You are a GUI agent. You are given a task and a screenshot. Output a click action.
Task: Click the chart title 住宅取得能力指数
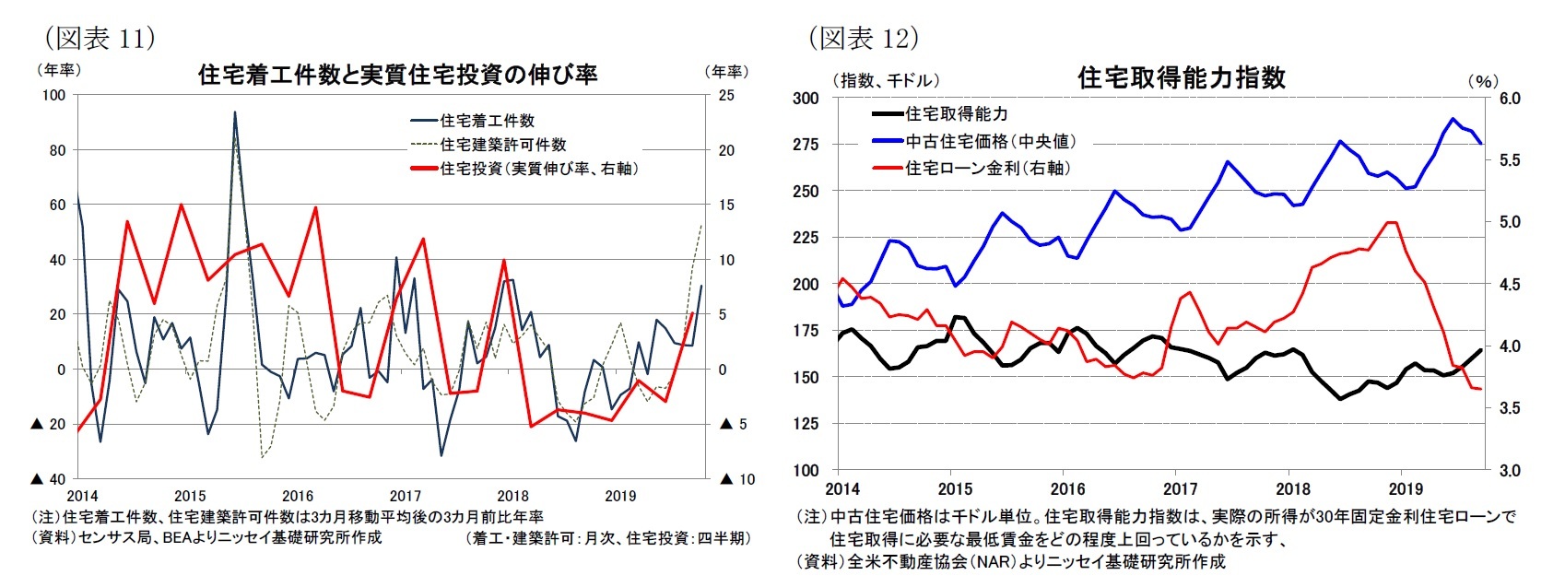[x=1181, y=77]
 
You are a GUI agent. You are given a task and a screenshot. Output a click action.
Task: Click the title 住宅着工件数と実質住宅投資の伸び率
[x=398, y=75]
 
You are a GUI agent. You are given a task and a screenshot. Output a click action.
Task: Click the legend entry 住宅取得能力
[x=956, y=113]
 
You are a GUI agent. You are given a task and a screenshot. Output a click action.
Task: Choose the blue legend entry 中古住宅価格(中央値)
[x=990, y=141]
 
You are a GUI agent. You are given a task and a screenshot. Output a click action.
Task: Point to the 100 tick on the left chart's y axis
[x=54, y=95]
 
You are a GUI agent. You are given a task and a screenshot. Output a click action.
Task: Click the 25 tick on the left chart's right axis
[x=726, y=95]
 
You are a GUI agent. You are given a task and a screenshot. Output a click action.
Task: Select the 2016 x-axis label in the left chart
[x=298, y=496]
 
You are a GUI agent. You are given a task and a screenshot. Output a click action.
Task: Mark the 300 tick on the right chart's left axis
[x=806, y=98]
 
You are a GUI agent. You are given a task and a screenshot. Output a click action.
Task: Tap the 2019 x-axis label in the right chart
[x=1406, y=488]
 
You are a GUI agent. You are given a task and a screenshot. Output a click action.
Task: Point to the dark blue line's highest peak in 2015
[x=235, y=112]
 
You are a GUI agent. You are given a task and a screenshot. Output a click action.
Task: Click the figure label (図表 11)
[x=100, y=38]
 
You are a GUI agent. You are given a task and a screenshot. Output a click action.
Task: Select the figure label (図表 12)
[x=864, y=38]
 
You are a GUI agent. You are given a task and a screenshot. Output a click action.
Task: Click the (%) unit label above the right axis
[x=1482, y=81]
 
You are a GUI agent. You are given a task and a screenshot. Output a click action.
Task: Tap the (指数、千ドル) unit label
[x=886, y=81]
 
